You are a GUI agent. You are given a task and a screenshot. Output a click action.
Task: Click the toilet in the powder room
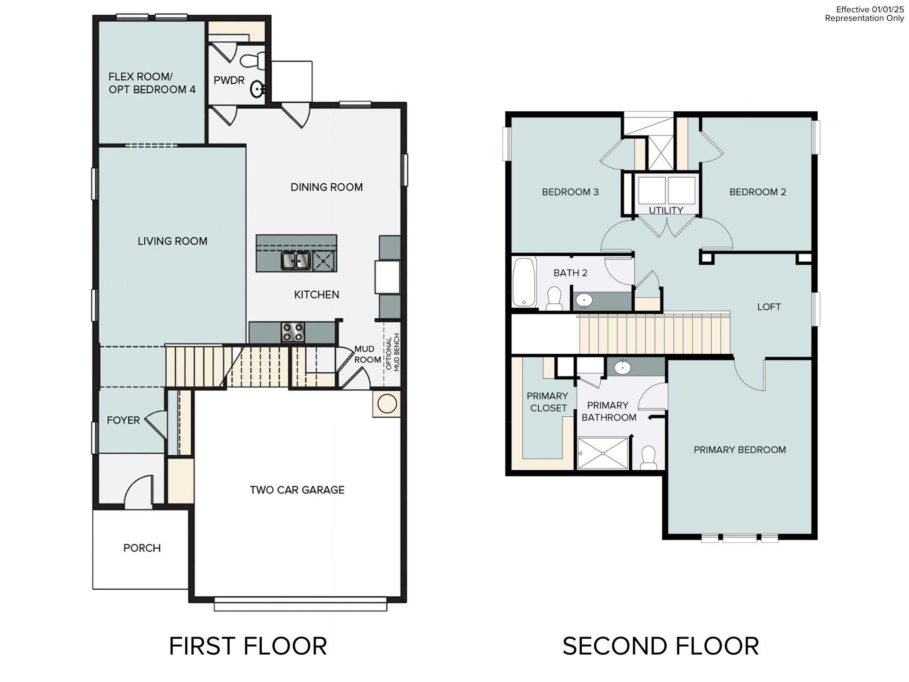(251, 61)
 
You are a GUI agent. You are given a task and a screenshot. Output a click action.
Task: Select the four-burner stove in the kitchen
(293, 332)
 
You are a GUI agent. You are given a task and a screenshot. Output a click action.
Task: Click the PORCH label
(142, 548)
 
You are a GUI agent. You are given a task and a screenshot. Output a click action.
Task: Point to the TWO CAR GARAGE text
(297, 490)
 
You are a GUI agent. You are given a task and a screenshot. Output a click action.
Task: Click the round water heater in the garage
(387, 404)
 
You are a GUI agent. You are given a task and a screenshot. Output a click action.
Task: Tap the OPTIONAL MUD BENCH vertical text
(393, 352)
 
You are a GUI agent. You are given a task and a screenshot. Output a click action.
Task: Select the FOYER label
(123, 420)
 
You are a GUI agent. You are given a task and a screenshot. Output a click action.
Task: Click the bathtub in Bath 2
(524, 282)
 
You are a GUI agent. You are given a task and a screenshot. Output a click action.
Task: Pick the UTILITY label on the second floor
(666, 210)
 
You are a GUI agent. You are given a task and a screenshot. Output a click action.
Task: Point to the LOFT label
(769, 307)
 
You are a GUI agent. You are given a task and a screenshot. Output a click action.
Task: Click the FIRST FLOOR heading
(248, 646)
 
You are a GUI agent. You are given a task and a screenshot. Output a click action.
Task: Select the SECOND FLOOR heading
(660, 646)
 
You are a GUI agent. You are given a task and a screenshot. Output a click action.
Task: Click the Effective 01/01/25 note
(870, 9)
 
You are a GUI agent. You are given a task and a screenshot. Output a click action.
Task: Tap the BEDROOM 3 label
(570, 192)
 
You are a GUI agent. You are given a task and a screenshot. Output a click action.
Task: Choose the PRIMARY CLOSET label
(548, 402)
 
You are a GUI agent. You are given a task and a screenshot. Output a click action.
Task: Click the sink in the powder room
(258, 89)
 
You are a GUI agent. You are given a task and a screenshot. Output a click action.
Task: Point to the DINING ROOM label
(326, 187)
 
